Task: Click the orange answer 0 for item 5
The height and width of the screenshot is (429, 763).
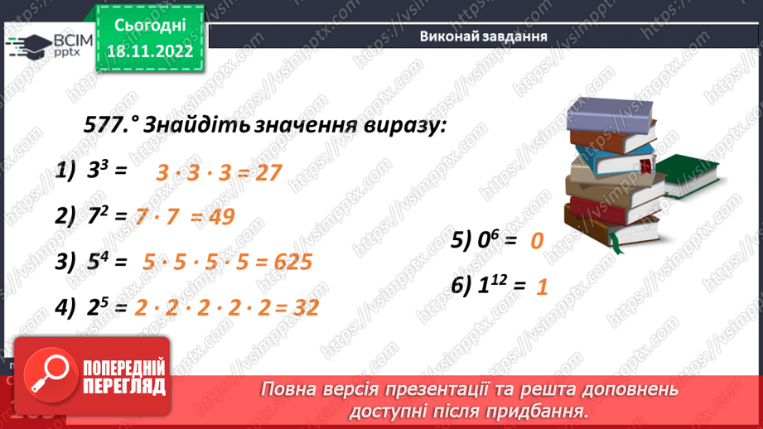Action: pyautogui.click(x=536, y=242)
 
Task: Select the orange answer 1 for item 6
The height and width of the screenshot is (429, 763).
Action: pyautogui.click(x=543, y=287)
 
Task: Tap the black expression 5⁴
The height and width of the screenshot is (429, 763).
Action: pyautogui.click(x=97, y=262)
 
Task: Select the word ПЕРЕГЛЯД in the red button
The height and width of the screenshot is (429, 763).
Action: pyautogui.click(x=124, y=386)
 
